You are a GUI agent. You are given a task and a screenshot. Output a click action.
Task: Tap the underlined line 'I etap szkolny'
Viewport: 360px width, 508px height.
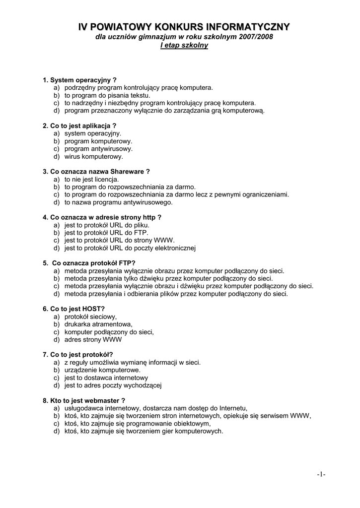[184, 46]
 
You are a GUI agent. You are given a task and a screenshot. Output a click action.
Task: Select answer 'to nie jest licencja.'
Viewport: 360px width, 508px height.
[91, 179]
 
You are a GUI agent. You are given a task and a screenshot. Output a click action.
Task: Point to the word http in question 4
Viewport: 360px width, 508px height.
[149, 217]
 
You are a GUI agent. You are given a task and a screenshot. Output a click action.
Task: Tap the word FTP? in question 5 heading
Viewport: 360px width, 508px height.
[127, 263]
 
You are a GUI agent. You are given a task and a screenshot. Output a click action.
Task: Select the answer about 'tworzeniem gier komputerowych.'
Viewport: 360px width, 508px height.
[144, 431]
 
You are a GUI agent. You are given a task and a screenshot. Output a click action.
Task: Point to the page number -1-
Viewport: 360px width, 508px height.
[321, 474]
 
